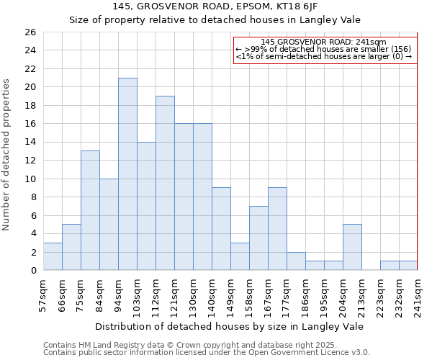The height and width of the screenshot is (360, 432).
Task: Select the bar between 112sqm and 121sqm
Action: pos(165,183)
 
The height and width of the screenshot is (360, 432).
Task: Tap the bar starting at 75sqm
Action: pos(90,210)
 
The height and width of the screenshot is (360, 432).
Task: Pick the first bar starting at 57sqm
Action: pos(53,256)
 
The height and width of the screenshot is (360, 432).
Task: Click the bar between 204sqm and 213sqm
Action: pos(352,247)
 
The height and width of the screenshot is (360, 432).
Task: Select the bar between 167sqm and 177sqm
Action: pos(277,229)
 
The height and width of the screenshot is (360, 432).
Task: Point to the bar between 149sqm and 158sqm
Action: pos(240,256)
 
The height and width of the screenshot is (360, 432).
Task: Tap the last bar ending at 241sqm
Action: pos(408,265)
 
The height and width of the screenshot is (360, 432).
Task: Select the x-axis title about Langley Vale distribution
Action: pos(229,326)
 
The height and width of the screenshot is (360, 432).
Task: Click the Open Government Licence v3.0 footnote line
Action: pos(206,353)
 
